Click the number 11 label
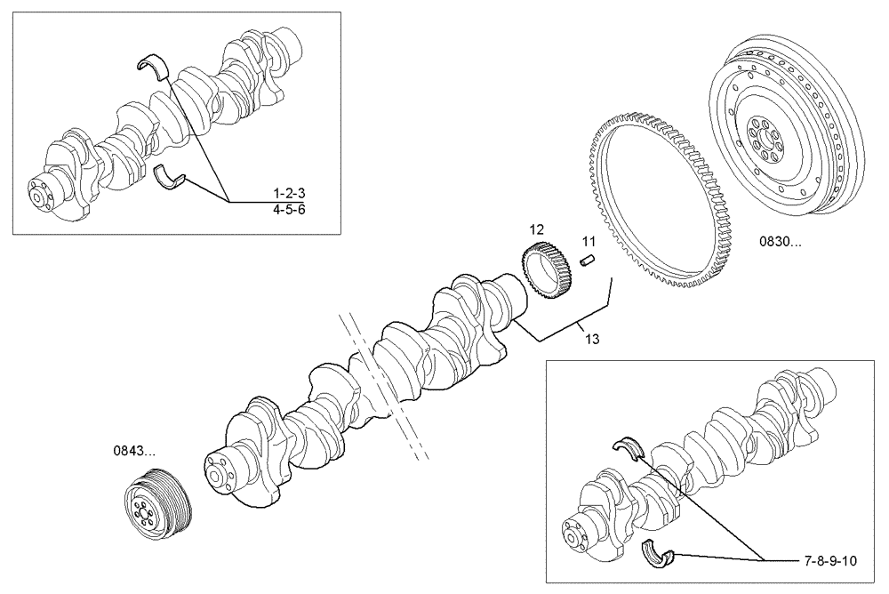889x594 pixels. pyautogui.click(x=588, y=241)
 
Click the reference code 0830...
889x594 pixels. pyautogui.click(x=778, y=241)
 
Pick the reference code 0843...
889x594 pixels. pyautogui.click(x=134, y=452)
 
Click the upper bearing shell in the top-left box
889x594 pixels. pyautogui.click(x=153, y=65)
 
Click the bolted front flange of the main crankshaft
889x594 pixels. pyautogui.click(x=220, y=477)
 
